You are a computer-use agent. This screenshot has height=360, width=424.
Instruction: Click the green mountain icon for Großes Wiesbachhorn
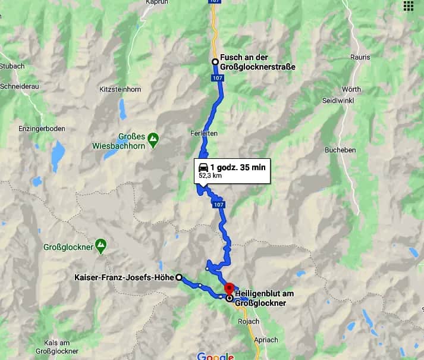pos(153,139)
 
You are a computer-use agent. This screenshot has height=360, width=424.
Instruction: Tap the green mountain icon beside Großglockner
pos(101,244)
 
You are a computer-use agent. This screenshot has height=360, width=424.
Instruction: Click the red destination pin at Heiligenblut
pos(229,288)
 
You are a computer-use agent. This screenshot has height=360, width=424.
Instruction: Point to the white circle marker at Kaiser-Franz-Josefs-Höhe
pos(179,277)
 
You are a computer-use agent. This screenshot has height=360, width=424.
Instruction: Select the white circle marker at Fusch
pos(215,61)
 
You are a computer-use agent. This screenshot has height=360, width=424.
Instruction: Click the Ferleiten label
pos(205,133)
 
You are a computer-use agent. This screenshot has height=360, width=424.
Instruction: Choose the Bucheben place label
pos(340,150)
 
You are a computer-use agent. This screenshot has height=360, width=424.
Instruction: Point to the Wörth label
pos(351,89)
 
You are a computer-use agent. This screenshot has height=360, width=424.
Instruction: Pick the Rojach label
pos(245,322)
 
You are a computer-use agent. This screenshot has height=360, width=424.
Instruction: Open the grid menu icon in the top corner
pos(409,6)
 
